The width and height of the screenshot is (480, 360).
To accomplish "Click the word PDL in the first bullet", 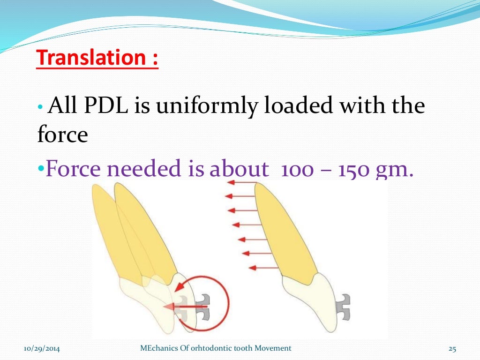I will (108, 106).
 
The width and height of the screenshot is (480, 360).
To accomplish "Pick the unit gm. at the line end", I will (396, 170).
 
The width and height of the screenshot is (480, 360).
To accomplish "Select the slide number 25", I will (452, 348).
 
